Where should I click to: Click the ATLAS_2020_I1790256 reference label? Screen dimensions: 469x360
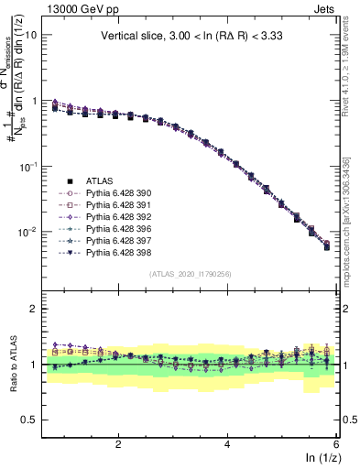click(x=190, y=274)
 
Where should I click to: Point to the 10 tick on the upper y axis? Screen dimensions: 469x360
click(x=29, y=34)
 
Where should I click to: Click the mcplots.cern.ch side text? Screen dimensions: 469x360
click(x=350, y=220)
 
